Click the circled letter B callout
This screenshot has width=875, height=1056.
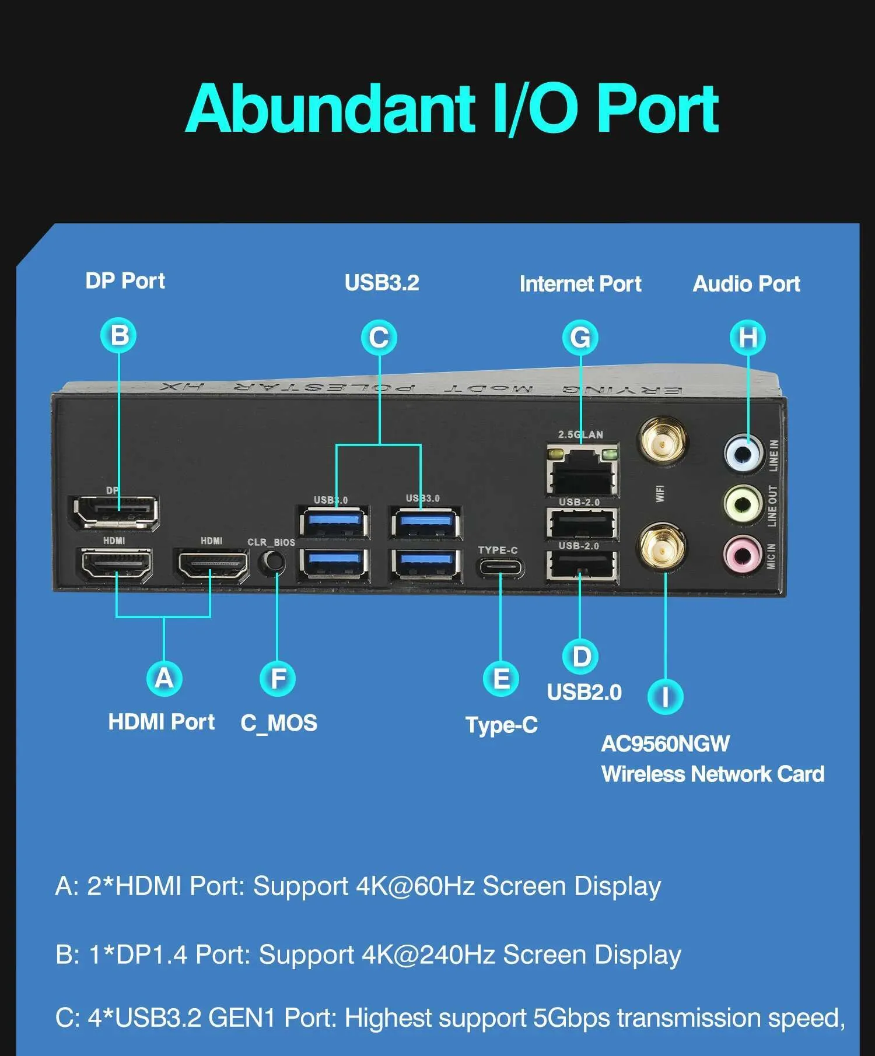119,336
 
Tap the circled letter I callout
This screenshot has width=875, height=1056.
665,697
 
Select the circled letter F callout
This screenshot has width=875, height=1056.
278,679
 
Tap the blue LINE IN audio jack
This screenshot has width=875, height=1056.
743,452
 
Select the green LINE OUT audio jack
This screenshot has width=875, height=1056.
743,502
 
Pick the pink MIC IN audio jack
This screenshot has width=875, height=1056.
742,553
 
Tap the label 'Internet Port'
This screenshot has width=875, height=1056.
580,284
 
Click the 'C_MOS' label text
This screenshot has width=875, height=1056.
279,723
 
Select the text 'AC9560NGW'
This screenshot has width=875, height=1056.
665,744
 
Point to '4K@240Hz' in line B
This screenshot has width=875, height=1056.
429,955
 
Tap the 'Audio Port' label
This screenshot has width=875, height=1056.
746,284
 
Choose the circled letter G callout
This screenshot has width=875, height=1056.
580,338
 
